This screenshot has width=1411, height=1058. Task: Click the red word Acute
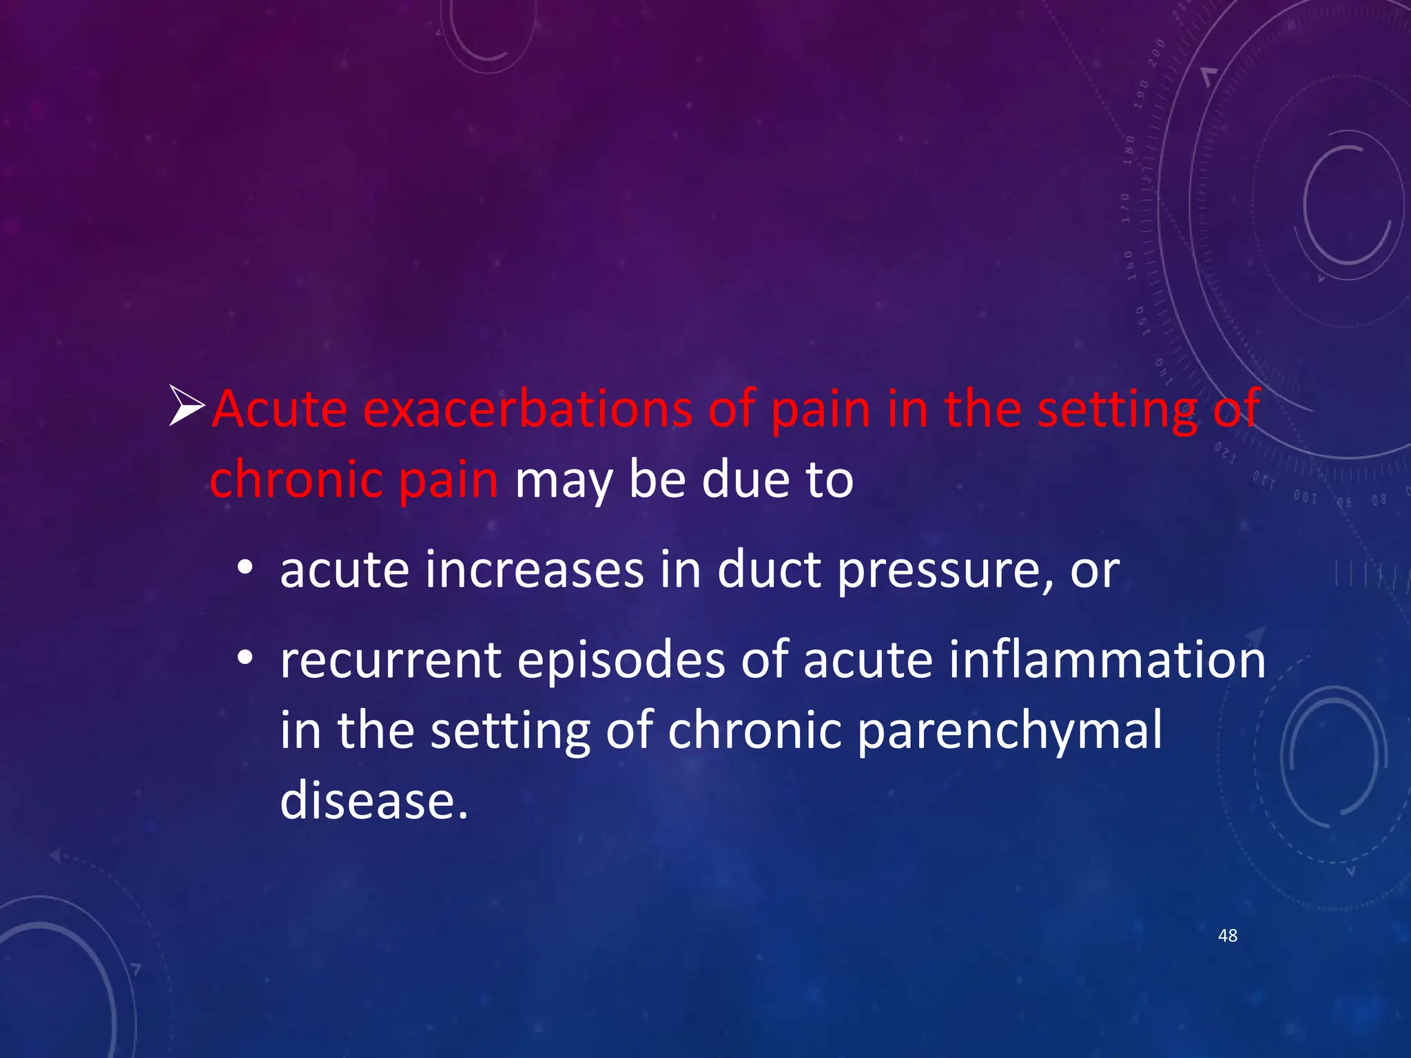coord(279,409)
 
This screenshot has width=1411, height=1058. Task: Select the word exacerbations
coord(527,409)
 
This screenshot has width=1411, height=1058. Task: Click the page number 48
coord(1228,935)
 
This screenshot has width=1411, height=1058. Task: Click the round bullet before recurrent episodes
coord(245,659)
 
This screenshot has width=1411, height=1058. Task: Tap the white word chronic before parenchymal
coord(754,730)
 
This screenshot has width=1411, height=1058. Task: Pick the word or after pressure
coord(1095,572)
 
